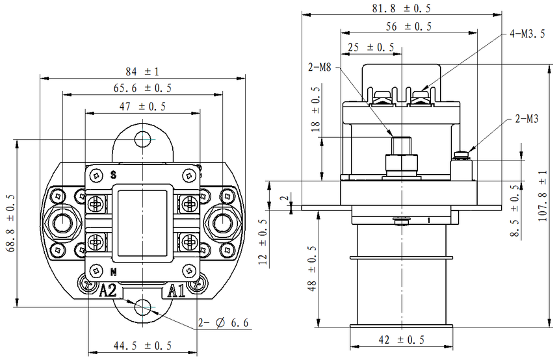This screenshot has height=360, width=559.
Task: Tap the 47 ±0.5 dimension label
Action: click(x=142, y=106)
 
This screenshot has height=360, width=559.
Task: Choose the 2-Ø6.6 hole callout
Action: click(x=225, y=322)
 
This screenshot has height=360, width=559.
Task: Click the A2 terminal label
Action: click(x=108, y=290)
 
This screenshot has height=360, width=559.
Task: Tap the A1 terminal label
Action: click(x=177, y=290)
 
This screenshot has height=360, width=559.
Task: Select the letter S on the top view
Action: click(x=113, y=175)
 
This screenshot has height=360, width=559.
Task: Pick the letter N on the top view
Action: click(x=113, y=271)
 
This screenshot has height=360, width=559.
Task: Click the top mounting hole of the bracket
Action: click(x=142, y=140)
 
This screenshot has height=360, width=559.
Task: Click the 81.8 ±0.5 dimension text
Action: click(x=402, y=8)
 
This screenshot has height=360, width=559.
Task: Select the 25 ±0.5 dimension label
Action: click(x=370, y=47)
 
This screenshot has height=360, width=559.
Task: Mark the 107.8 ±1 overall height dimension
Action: click(x=543, y=194)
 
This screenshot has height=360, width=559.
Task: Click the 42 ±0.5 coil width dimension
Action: click(x=400, y=339)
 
